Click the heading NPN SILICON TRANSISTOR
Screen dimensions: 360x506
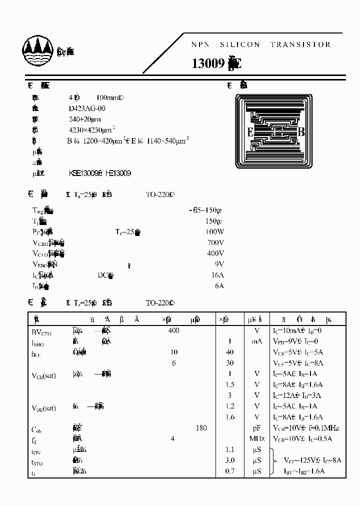(261, 44)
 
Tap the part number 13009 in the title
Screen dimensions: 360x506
(208, 64)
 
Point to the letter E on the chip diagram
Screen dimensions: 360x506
(249, 132)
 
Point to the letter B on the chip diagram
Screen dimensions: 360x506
(301, 132)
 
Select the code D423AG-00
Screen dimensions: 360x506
(87, 108)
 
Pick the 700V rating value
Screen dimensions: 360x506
(215, 242)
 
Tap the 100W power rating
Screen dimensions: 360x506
(214, 232)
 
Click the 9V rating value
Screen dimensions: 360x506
(219, 264)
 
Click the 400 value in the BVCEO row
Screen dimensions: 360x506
(173, 330)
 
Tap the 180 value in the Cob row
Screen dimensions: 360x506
(201, 428)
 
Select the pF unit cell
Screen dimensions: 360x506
(257, 428)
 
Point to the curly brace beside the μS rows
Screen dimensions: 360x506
(272, 460)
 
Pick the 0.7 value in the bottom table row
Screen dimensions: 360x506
(230, 471)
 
